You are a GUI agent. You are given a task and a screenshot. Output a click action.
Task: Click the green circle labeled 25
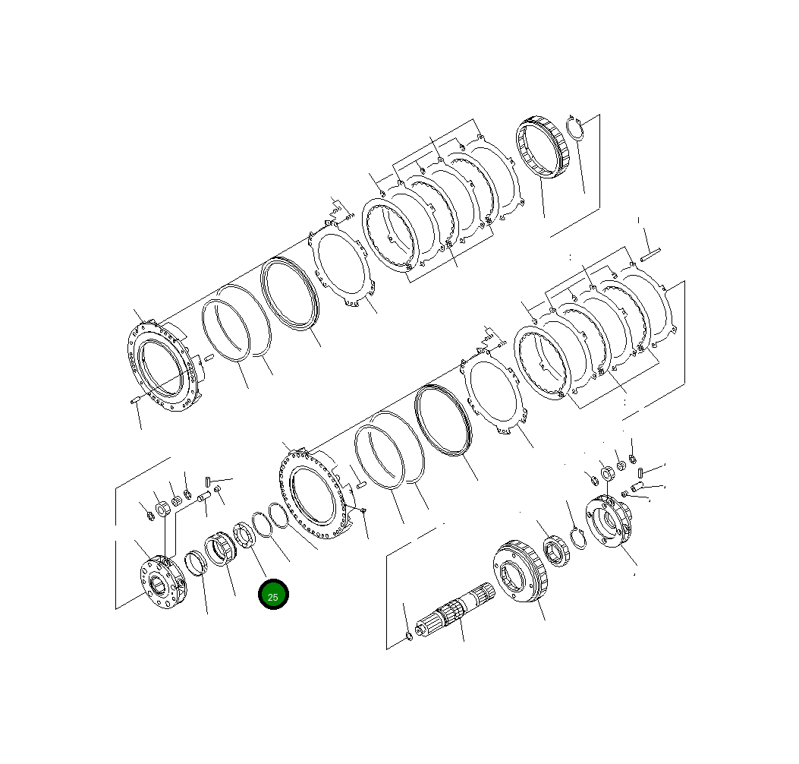[273, 595]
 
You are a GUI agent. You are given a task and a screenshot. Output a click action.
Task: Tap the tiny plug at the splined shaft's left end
[410, 635]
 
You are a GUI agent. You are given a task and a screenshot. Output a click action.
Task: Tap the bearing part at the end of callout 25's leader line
[246, 535]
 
